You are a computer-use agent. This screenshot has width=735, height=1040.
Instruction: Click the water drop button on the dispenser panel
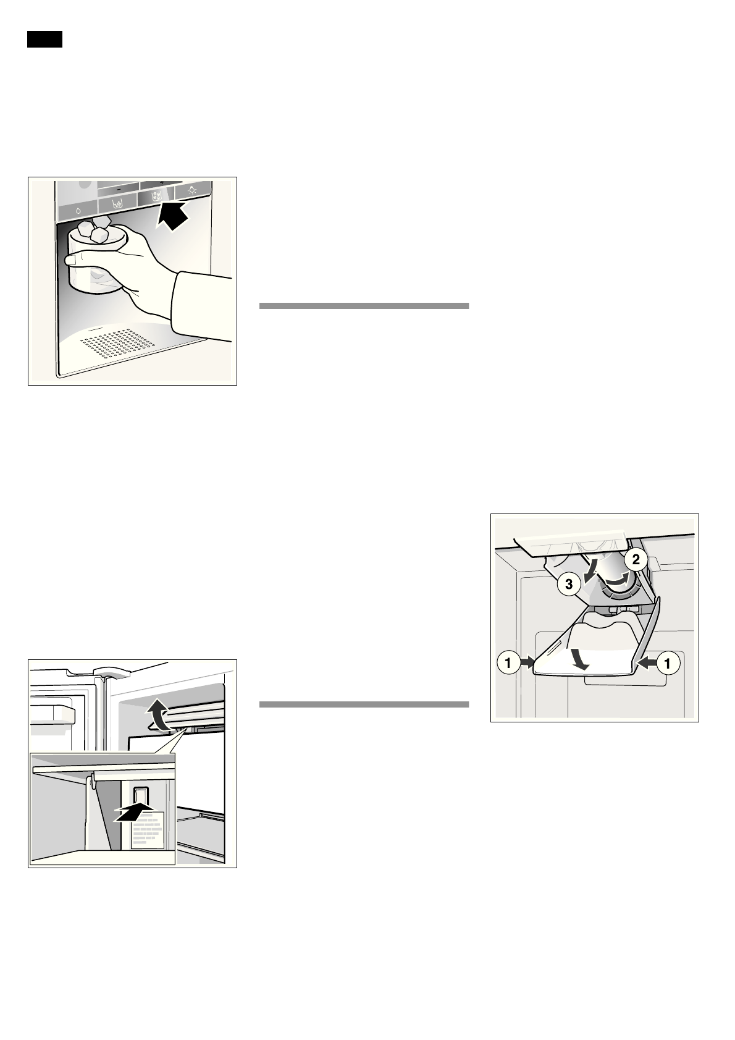(x=79, y=210)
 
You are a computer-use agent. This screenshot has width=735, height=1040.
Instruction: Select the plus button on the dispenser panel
(x=162, y=183)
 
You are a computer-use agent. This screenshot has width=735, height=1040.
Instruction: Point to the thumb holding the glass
(x=77, y=260)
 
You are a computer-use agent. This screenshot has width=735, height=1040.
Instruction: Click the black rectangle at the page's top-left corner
(x=45, y=40)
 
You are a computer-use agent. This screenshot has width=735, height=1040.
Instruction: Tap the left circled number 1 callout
(x=508, y=663)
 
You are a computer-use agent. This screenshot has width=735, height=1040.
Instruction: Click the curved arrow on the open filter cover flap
(x=579, y=659)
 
